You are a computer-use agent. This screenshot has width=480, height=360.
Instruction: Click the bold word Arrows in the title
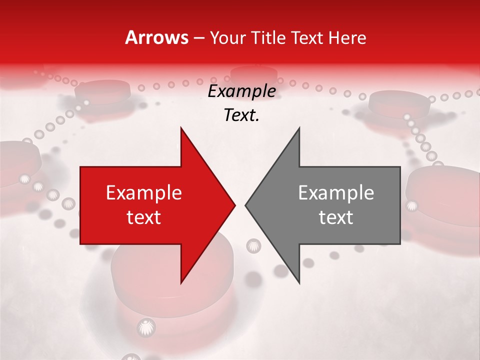pos(156,37)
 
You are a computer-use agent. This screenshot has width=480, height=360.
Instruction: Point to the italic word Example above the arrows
pos(241,91)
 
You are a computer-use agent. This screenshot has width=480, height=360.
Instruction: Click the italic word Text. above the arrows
pos(241,115)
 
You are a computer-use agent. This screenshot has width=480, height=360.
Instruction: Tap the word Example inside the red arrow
pos(144,193)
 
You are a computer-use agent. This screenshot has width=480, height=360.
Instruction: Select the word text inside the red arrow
pos(144,217)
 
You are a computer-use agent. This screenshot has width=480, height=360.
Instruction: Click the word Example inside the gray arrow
pos(336,193)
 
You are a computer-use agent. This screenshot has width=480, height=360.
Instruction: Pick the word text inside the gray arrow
pos(336,217)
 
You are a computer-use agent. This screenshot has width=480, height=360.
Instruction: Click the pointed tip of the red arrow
pos(234,205)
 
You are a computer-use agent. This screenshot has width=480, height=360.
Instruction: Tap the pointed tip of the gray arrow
pos(245,205)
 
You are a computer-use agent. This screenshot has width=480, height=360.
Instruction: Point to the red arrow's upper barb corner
pos(181,128)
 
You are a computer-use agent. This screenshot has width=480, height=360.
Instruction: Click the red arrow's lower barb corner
pos(181,283)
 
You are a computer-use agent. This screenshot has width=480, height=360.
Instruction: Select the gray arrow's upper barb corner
pos(299,128)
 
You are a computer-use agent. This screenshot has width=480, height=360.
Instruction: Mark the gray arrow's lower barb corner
pos(299,283)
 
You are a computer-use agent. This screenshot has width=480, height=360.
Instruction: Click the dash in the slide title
pos(198,38)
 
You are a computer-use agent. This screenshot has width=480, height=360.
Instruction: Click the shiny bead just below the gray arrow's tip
pos(253,245)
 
